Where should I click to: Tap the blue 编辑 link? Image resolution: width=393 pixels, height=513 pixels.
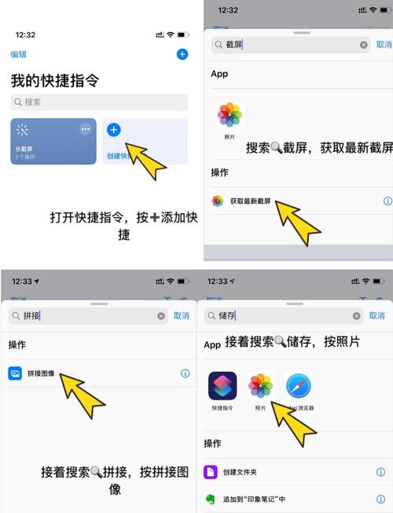[x=18, y=54]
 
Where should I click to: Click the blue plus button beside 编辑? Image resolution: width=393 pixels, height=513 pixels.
[x=182, y=54]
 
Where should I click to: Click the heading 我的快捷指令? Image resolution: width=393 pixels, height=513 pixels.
[x=54, y=80]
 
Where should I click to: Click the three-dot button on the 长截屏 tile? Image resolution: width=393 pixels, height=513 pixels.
[x=86, y=129]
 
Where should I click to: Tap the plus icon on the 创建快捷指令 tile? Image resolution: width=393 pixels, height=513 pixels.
[x=113, y=129]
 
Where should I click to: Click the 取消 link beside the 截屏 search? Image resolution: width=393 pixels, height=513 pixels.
[x=384, y=45]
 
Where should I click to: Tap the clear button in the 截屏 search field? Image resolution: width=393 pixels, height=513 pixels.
[x=363, y=45]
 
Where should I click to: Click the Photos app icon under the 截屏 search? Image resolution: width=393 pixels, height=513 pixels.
[x=230, y=115]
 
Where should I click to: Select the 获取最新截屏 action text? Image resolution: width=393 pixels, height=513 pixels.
[x=250, y=201]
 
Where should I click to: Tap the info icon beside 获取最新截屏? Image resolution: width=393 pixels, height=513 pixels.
[x=387, y=201]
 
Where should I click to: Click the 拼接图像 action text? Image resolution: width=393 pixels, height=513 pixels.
[x=40, y=373]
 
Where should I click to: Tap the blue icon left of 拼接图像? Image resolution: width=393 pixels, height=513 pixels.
[x=15, y=373]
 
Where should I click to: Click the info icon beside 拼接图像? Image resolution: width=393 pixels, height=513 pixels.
[x=185, y=373]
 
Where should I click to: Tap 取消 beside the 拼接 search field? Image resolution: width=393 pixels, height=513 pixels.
[x=181, y=315]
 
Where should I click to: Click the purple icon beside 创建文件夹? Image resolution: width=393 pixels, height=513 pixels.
[x=211, y=472]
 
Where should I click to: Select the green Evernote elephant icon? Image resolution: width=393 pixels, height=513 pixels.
[x=211, y=499]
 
